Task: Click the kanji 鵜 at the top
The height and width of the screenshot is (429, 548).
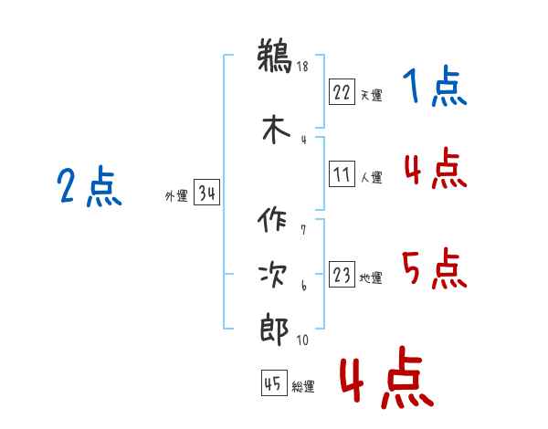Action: (x=275, y=56)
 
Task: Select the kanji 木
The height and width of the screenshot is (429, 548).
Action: (x=276, y=130)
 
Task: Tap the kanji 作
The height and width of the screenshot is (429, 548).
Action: (x=272, y=219)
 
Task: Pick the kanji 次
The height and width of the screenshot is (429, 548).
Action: (x=273, y=275)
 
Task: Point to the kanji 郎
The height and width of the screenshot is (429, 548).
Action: (x=274, y=330)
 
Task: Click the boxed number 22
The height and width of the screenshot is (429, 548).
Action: (x=342, y=91)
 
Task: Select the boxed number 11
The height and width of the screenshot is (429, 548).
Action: (x=342, y=173)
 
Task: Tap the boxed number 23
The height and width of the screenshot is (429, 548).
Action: (x=342, y=274)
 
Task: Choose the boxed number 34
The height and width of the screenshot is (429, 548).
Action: (x=206, y=192)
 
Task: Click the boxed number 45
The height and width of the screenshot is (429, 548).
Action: (x=274, y=382)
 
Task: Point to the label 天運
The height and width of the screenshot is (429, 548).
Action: (x=372, y=95)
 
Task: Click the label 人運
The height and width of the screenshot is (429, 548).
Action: (x=372, y=177)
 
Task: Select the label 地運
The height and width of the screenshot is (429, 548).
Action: (x=371, y=277)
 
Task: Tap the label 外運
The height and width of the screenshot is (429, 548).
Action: (x=176, y=195)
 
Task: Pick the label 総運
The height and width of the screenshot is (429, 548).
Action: (x=303, y=386)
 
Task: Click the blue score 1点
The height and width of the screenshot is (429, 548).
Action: (x=435, y=86)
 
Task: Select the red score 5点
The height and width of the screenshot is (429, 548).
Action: (x=435, y=268)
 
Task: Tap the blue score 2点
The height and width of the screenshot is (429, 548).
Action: (x=90, y=186)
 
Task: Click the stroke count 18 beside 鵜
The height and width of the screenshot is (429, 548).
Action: (x=302, y=66)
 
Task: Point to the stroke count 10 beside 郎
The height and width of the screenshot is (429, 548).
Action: (x=302, y=340)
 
